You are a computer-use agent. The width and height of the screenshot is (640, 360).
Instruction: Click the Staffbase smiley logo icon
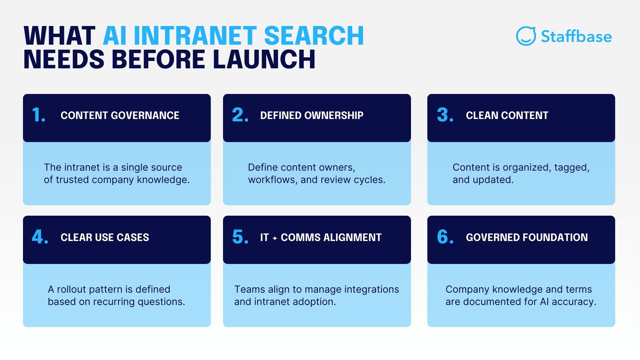[x=526, y=36]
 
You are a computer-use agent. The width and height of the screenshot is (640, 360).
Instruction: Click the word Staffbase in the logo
[x=576, y=36]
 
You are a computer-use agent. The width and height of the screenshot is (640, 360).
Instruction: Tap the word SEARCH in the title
[x=314, y=36]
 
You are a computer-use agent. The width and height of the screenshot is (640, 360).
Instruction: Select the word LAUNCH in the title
[x=264, y=60]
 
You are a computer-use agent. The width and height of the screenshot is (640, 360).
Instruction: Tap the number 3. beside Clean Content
[x=445, y=115]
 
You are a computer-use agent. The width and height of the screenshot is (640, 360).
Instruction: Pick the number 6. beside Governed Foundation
[x=445, y=237]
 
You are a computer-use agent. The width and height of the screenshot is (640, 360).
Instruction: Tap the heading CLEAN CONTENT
[x=507, y=115]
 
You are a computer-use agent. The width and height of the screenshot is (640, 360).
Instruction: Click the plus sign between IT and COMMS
[x=275, y=238]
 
